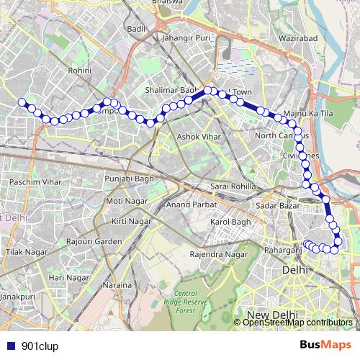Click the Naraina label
click(117, 285)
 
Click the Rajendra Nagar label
click(217, 254)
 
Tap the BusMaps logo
click(325, 346)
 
